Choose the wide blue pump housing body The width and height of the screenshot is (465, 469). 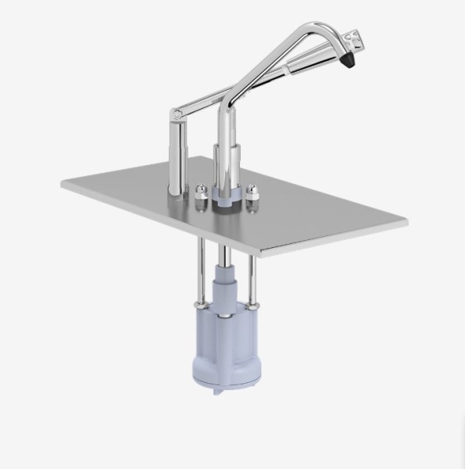(224, 344)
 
